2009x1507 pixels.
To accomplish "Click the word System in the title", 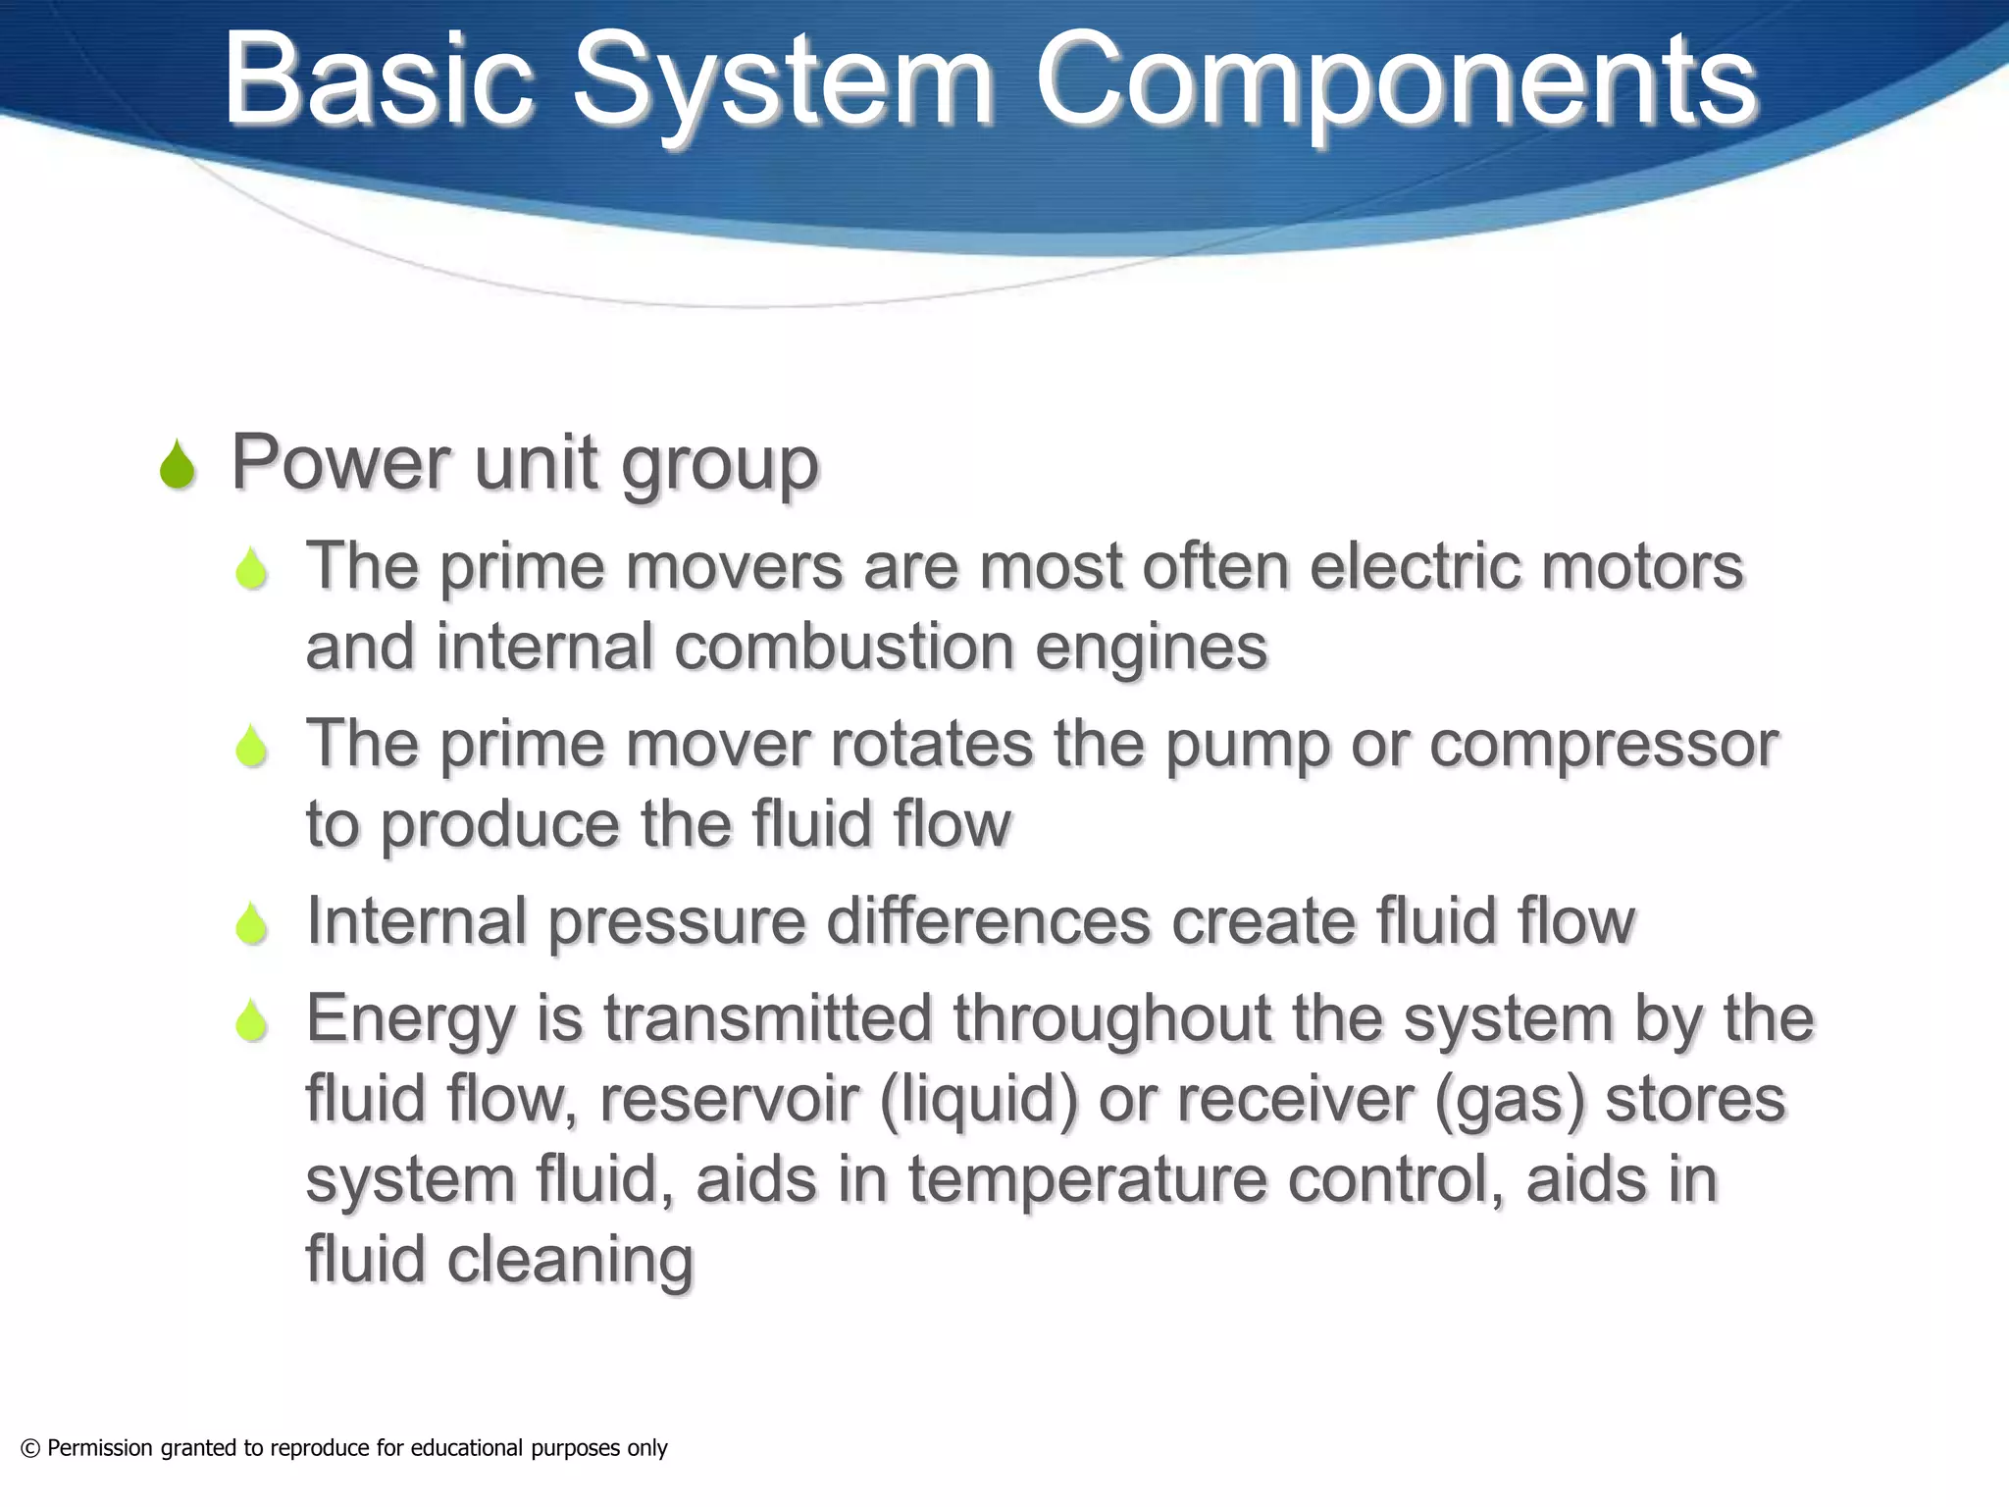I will click(782, 80).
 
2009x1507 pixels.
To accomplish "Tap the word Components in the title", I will click(1396, 80).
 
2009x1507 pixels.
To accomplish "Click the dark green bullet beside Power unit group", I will click(178, 465).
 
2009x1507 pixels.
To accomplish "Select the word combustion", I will click(845, 648).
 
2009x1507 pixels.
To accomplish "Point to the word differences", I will click(988, 921).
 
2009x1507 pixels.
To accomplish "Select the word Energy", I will click(411, 1020).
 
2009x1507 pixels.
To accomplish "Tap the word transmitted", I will click(767, 1018).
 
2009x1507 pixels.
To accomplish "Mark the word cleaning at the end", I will click(570, 1260).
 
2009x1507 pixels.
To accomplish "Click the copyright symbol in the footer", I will click(30, 1449).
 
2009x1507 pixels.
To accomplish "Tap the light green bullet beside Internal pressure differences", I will click(252, 924).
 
